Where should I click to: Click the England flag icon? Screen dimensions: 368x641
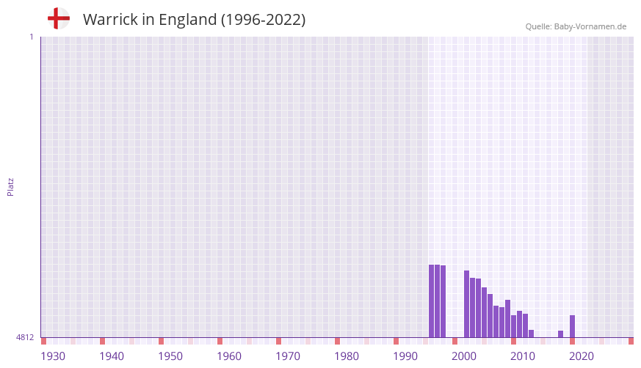[59, 19]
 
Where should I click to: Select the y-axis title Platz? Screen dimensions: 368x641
[10, 186]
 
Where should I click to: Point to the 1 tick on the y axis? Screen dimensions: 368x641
[31, 37]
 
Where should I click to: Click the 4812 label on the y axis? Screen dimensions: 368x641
[25, 337]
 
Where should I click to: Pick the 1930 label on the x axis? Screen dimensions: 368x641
[53, 356]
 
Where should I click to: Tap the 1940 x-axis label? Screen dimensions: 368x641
[112, 356]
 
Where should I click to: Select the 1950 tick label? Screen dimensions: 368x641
[170, 356]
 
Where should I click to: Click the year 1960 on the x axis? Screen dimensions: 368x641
[229, 356]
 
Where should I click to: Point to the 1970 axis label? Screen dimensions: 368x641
[288, 356]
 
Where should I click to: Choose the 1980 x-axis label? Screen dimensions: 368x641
[347, 356]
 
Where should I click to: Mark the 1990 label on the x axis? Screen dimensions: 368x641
[405, 356]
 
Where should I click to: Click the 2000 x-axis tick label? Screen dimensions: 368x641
[464, 356]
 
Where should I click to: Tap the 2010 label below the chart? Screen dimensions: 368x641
[523, 356]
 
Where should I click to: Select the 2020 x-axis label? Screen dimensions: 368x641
[582, 356]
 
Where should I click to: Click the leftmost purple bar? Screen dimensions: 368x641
[432, 301]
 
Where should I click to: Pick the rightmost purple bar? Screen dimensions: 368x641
[573, 326]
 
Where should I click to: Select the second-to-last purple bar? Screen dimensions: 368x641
[561, 334]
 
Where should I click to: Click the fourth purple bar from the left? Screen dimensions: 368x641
[467, 303]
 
